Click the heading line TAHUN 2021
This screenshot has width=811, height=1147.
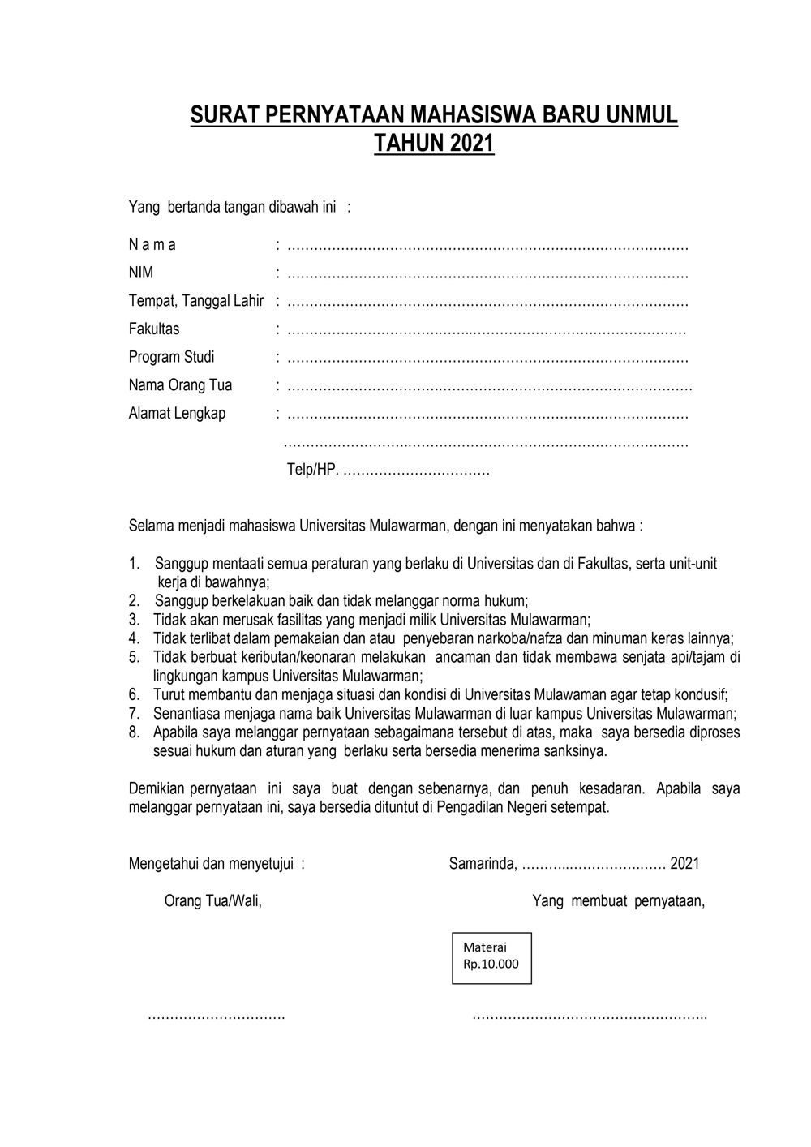[x=434, y=144]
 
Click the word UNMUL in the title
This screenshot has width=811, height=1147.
[x=638, y=115]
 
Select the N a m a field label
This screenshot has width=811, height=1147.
[x=152, y=245]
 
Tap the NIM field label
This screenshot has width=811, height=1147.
[x=141, y=273]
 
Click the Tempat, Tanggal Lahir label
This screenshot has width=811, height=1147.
[x=196, y=301]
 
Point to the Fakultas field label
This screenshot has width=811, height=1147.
[x=154, y=329]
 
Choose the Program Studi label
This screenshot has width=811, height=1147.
[x=172, y=357]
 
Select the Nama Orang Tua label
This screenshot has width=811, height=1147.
[x=180, y=385]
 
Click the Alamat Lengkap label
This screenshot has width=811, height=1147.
[x=177, y=414]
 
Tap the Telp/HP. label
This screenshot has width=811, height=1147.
[x=312, y=470]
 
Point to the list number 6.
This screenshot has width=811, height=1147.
[x=134, y=695]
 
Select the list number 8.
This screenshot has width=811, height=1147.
[x=134, y=732]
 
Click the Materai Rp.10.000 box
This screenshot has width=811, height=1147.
[x=491, y=957]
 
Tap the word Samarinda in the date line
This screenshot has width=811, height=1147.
[x=483, y=864]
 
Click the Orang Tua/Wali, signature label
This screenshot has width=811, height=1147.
[x=213, y=900]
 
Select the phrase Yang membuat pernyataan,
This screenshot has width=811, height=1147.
[x=618, y=900]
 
